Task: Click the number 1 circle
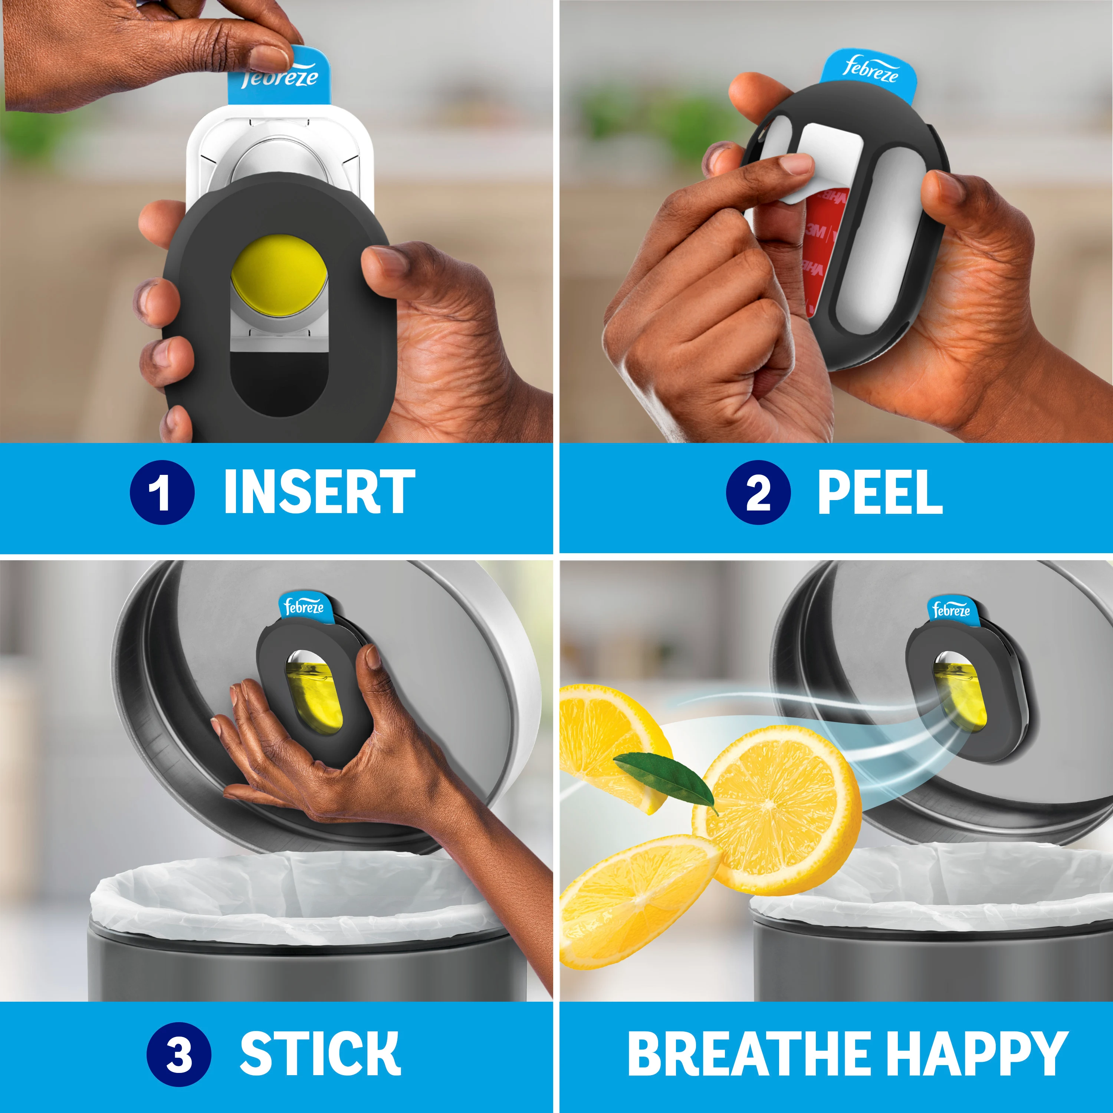click(x=162, y=493)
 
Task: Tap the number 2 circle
click(x=758, y=493)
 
